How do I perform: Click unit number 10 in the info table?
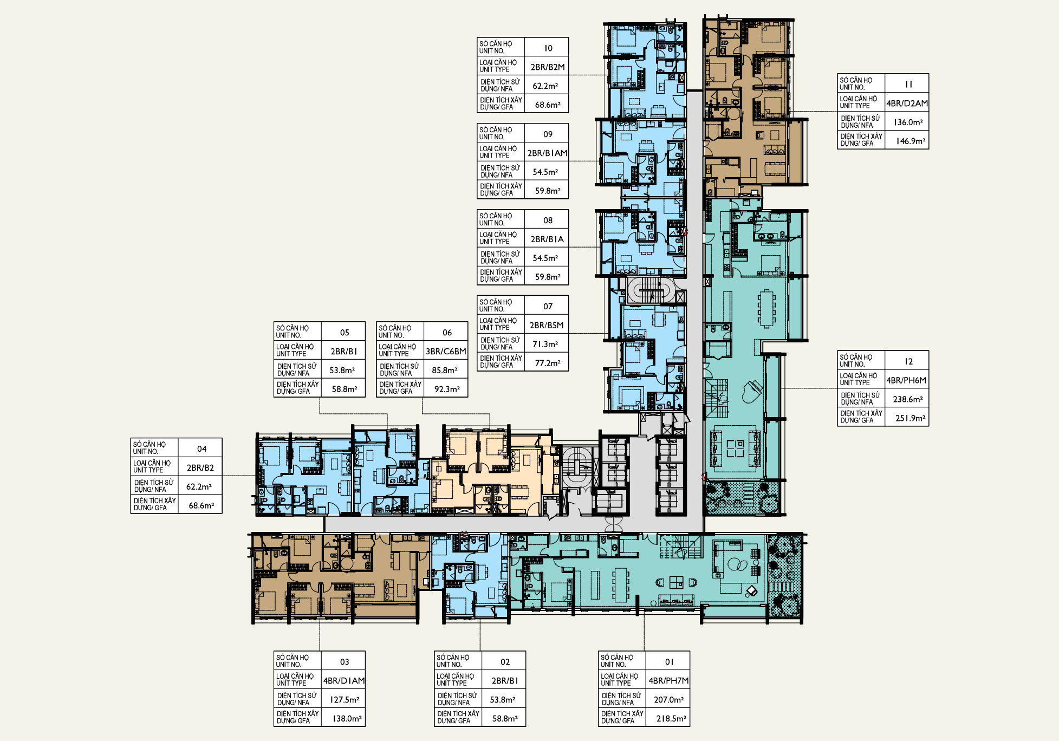tap(548, 48)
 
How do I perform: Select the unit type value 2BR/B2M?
tap(548, 67)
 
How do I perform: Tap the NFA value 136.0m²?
tap(908, 122)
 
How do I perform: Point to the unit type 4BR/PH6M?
tap(906, 380)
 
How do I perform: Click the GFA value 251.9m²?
tap(911, 418)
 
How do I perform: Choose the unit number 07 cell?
tap(548, 307)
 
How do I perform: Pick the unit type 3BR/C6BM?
tap(446, 352)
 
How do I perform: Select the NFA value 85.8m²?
tap(445, 370)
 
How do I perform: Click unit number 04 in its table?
tap(202, 449)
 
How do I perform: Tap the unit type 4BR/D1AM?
tap(344, 681)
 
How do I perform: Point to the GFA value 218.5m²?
tap(671, 719)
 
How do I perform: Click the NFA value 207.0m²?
tap(669, 700)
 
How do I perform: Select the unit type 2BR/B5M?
tap(547, 326)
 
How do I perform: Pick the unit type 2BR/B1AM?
tap(548, 153)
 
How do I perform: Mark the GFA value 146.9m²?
tap(911, 141)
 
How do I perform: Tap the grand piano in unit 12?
tap(752, 391)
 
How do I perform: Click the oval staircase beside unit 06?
tap(577, 466)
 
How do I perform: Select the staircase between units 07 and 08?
tap(652, 291)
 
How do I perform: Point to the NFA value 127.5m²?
tap(345, 700)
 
